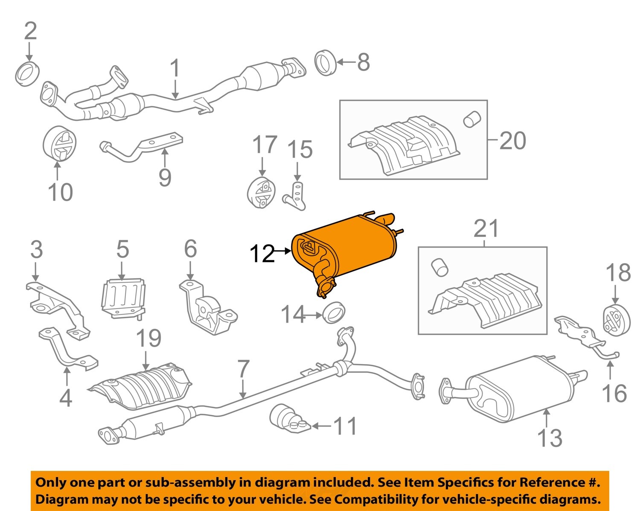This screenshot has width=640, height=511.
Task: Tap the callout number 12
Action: [x=262, y=254]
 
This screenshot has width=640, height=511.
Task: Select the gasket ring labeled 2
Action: [x=28, y=73]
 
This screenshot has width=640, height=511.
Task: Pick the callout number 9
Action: [x=165, y=177]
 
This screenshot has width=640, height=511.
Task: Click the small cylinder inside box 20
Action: [x=472, y=120]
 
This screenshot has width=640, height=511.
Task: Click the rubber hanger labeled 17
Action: [x=261, y=193]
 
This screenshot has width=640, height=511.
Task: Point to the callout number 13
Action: [x=550, y=438]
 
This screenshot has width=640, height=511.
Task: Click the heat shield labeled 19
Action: [x=141, y=385]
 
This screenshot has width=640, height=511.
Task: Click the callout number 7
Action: [x=243, y=369]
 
